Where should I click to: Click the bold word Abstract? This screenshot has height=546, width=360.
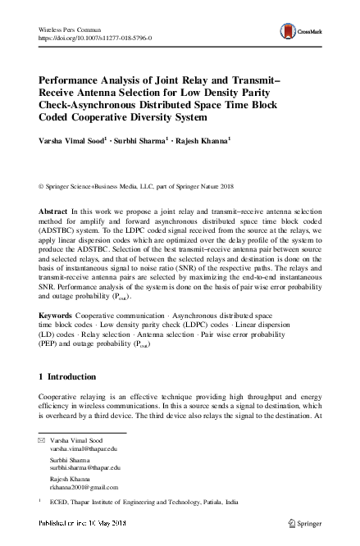pos(53,211)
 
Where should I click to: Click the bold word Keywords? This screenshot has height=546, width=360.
pos(57,315)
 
